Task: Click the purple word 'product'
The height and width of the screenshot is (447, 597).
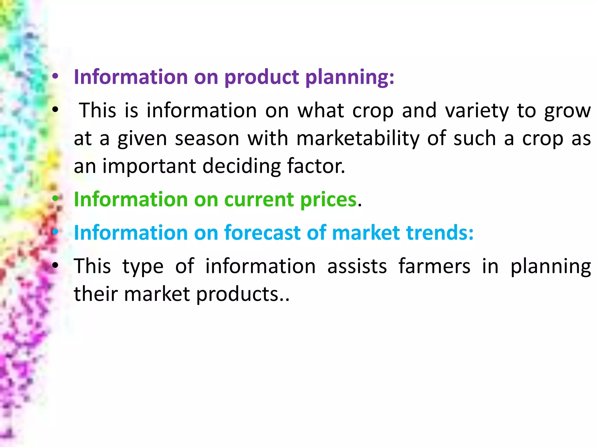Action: tap(261, 77)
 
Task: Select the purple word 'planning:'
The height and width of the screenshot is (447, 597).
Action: tap(350, 77)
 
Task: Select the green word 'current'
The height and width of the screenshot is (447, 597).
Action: tap(259, 200)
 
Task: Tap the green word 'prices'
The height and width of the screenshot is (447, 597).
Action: tap(328, 200)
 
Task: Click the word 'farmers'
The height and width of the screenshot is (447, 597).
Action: tap(434, 266)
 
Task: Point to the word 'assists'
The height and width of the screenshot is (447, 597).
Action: tap(357, 266)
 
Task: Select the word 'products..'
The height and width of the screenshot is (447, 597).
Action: tap(243, 294)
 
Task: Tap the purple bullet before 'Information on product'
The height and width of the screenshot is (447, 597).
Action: tap(55, 77)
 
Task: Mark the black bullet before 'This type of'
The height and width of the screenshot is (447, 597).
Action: tap(55, 266)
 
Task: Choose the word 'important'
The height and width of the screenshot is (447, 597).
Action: tap(149, 166)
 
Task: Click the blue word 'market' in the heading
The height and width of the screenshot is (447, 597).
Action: tap(366, 233)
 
